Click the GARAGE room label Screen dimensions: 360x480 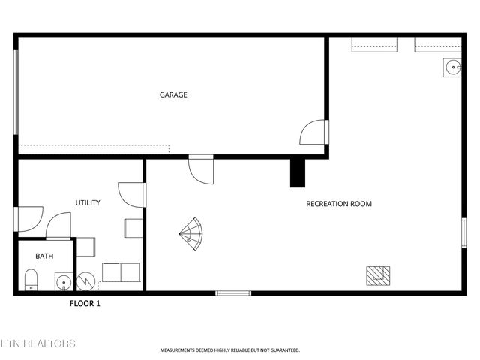coord(172,95)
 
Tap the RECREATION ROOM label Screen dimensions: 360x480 coord(339,204)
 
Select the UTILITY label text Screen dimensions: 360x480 coord(88,203)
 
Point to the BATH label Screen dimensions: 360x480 coord(44,256)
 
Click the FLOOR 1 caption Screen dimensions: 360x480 coord(85,304)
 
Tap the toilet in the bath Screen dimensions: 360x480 coord(31,281)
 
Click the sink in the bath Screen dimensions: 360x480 coord(63,282)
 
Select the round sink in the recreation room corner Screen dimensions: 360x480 coord(453,68)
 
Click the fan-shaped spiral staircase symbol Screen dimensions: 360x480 coord(192,235)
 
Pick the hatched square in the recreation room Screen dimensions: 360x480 coord(378,275)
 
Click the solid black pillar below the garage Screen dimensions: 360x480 coord(298,173)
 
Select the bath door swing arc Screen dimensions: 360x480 coord(58,224)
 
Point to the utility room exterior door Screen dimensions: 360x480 coord(28,219)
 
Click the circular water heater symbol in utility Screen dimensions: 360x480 coord(85,281)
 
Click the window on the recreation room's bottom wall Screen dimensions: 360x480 coord(233,292)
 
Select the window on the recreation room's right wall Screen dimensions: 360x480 coord(464,230)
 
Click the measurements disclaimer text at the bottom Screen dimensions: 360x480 coord(229,349)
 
